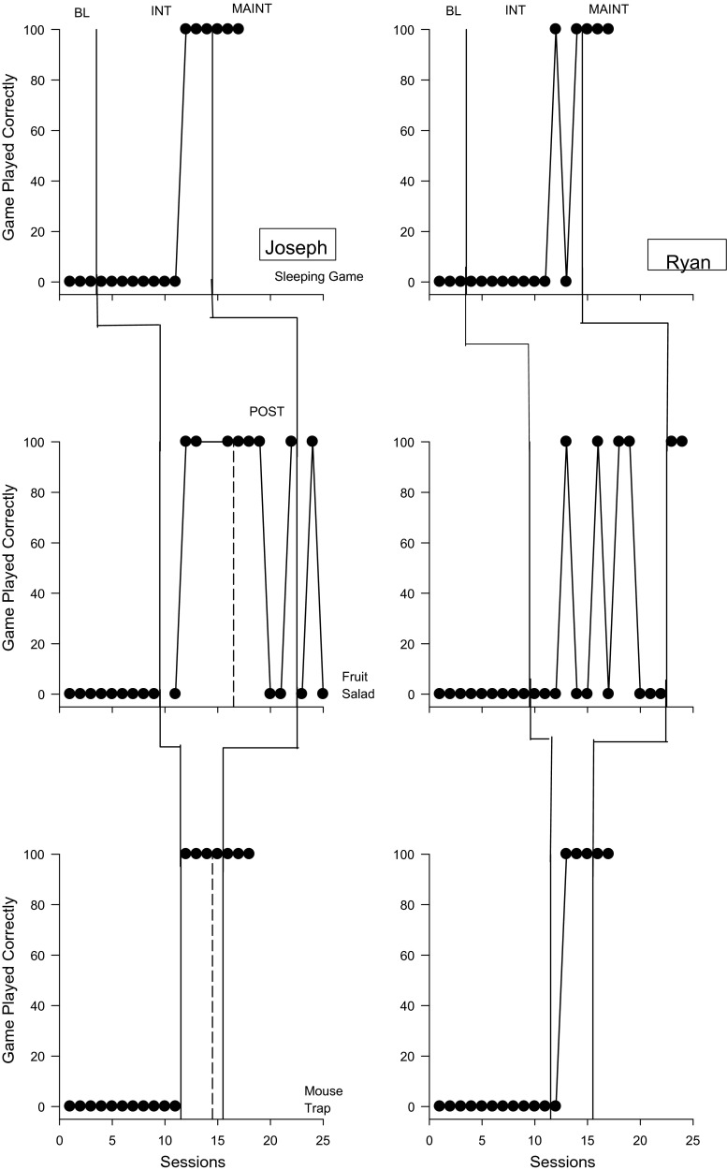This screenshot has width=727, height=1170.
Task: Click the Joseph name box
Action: [x=297, y=247]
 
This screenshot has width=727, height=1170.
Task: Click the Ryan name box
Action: [x=686, y=255]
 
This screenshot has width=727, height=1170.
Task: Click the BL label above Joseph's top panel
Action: [x=81, y=10]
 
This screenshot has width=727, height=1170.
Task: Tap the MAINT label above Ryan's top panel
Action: [x=608, y=10]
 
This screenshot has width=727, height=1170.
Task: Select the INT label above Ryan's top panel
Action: [x=516, y=10]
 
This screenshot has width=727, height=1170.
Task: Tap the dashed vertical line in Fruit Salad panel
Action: [x=233, y=580]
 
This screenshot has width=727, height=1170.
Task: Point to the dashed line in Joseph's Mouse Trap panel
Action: [x=212, y=983]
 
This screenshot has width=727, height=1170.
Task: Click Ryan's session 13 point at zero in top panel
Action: [x=566, y=281]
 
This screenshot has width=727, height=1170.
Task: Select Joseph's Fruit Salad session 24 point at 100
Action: [x=313, y=441]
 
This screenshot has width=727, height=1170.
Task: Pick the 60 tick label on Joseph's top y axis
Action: [x=38, y=130]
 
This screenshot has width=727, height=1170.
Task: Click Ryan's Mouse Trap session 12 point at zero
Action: [x=555, y=1105]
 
